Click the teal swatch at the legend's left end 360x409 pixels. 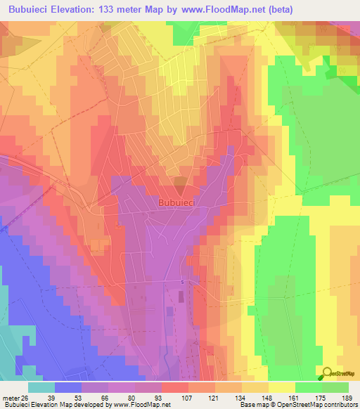41,387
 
